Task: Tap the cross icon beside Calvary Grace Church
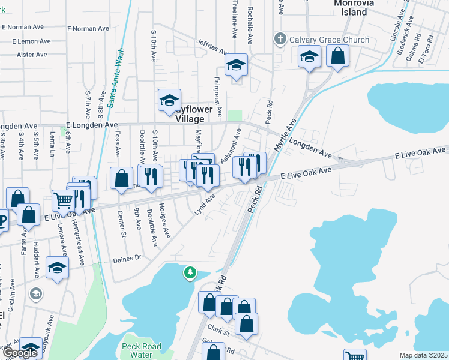(x=280, y=40)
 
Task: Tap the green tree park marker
(x=190, y=274)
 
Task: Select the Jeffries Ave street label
(x=212, y=46)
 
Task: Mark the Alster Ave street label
(x=32, y=55)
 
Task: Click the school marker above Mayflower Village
(x=170, y=100)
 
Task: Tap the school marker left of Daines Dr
(x=57, y=267)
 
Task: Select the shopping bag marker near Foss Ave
(x=121, y=178)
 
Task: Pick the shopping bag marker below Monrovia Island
(x=338, y=56)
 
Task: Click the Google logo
(x=20, y=353)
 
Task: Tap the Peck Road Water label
(x=141, y=350)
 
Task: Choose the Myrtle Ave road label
(x=285, y=134)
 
